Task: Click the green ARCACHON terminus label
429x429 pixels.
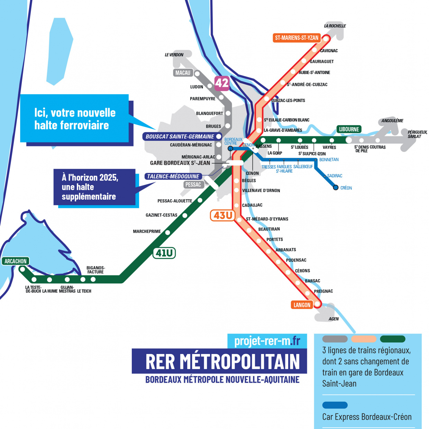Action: coord(15,261)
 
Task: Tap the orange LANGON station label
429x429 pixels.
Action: coord(302,305)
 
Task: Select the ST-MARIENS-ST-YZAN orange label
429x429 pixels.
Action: coord(296,38)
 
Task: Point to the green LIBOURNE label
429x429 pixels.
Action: coord(349,129)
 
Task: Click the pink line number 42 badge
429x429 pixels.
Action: coord(222,83)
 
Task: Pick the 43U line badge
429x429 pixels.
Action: coord(223,216)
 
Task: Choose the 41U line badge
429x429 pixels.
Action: coord(164,253)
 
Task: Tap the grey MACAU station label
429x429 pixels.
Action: coord(183,73)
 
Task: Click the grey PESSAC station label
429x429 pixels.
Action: coord(193,184)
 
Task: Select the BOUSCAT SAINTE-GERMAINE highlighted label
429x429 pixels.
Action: coord(180,137)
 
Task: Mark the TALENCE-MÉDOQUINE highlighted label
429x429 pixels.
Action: coord(173,176)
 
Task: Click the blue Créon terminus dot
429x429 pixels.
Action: coord(336,188)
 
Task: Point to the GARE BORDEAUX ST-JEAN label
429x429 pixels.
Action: coord(180,163)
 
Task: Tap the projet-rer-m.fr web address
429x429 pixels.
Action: coord(267,341)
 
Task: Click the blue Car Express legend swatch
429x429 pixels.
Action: coord(335,405)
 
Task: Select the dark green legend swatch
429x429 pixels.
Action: coord(392,339)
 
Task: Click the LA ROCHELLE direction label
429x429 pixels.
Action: coord(335,26)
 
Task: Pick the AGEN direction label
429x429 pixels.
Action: coord(334,319)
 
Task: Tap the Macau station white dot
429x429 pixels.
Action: coord(197,73)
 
